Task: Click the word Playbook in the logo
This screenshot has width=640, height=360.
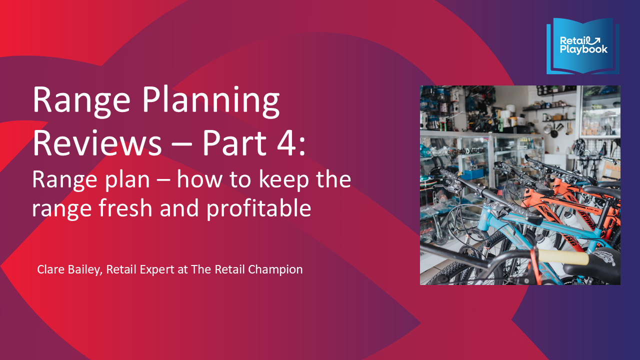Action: [583, 49]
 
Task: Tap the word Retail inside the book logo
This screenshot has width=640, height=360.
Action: [573, 40]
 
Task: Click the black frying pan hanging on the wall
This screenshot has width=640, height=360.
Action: [550, 130]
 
